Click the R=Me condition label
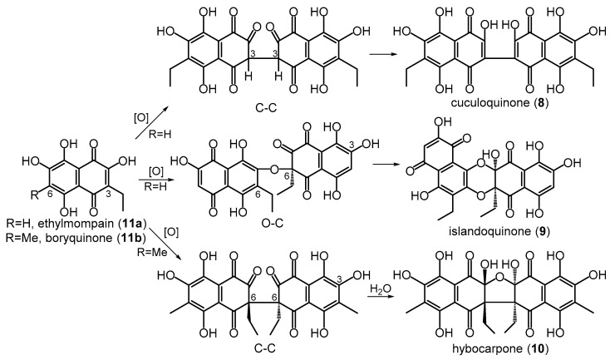pyautogui.click(x=152, y=252)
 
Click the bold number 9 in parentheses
pyautogui.click(x=542, y=232)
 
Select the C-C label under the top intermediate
pyautogui.click(x=266, y=106)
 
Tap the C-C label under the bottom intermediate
pyautogui.click(x=265, y=348)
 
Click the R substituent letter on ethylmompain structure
pyautogui.click(x=35, y=195)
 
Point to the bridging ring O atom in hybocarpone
pyautogui.click(x=499, y=277)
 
